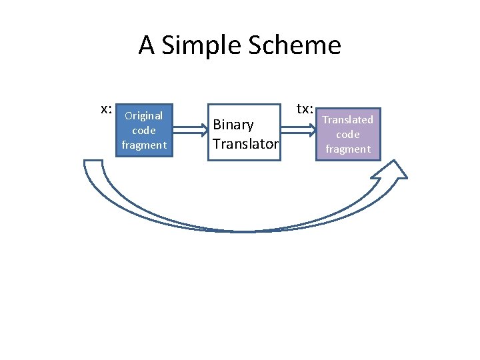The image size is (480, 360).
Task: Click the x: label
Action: [105, 109]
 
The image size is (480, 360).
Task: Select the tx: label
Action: [305, 109]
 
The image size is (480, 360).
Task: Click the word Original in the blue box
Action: [143, 115]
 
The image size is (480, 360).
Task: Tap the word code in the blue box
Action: [143, 130]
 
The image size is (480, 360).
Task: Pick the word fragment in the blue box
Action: [143, 145]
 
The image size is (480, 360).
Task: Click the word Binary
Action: [233, 125]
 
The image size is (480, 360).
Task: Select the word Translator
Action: [245, 143]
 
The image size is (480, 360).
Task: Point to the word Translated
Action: [348, 119]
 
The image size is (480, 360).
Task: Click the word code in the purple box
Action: [348, 134]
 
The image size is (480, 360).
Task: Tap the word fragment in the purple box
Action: [348, 149]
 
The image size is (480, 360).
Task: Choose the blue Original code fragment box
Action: [143, 130]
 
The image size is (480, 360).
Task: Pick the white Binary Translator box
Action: [244, 132]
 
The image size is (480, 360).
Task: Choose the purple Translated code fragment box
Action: [348, 134]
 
